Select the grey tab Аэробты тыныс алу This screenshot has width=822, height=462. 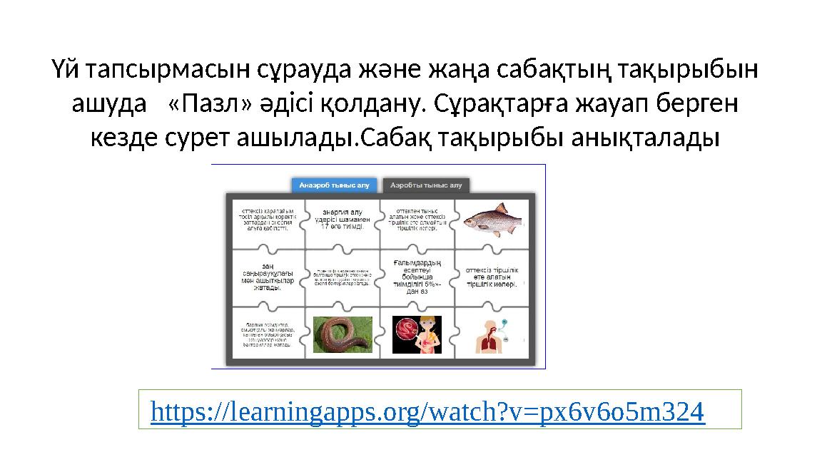[426, 185]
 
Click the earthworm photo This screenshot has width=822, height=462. [342, 334]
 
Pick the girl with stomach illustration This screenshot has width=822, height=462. [417, 334]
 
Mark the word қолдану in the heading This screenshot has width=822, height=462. [368, 105]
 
